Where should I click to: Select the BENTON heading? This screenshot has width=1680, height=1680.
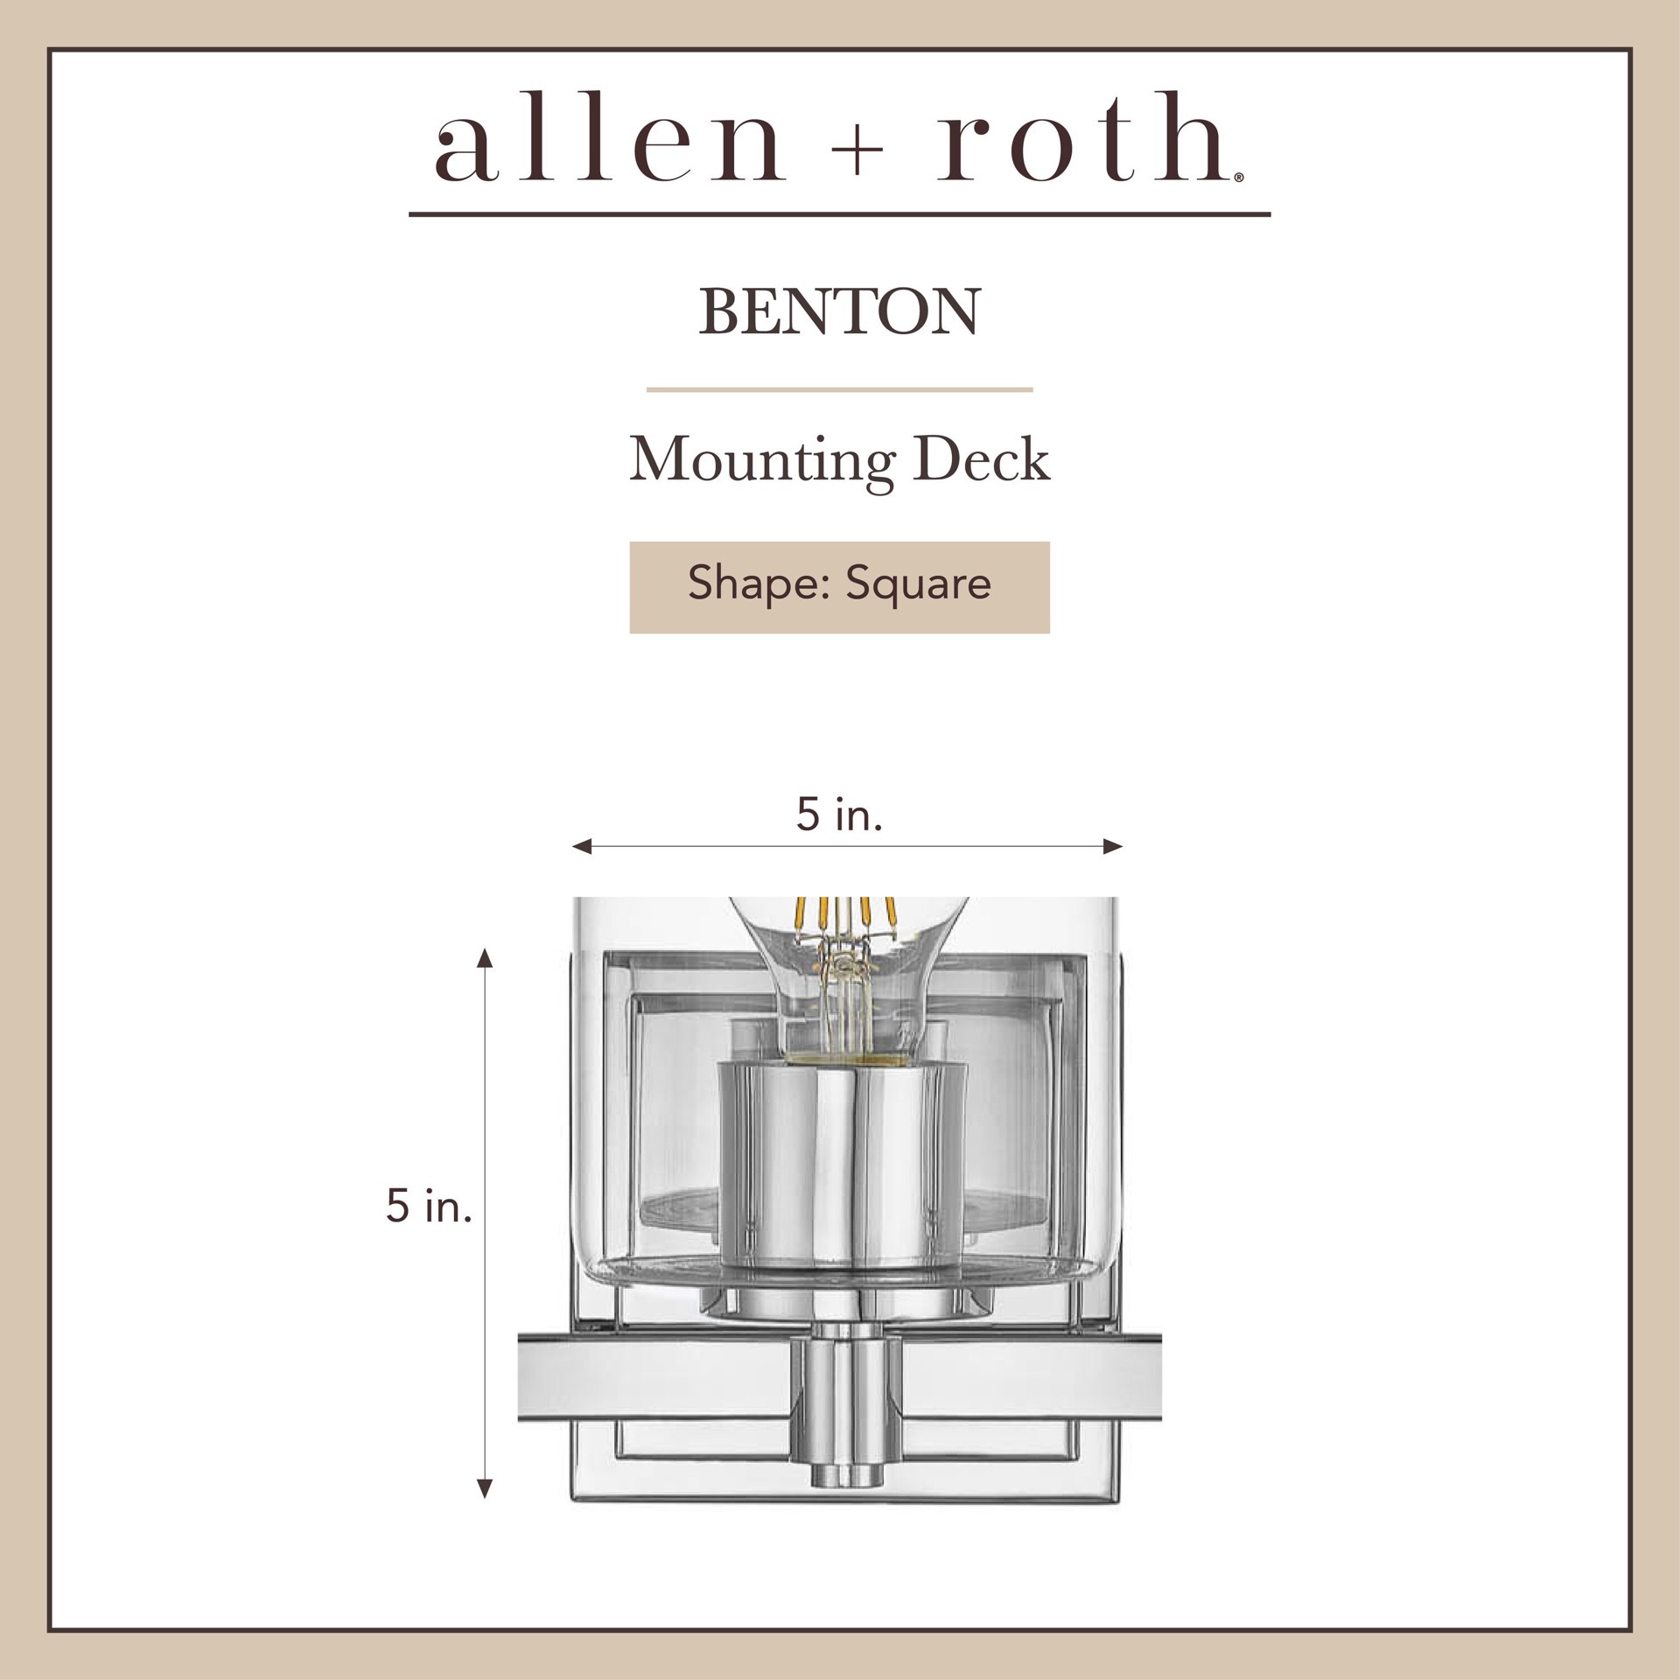click(x=839, y=312)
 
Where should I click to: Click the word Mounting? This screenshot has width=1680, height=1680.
click(x=760, y=461)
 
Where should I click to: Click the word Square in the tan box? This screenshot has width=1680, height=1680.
click(x=918, y=584)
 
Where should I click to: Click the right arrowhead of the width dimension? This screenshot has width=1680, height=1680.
click(x=1113, y=846)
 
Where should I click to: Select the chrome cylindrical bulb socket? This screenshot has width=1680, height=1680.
click(x=844, y=1164)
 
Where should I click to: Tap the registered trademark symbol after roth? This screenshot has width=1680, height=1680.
click(x=1236, y=178)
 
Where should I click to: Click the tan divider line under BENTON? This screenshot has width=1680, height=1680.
click(x=839, y=389)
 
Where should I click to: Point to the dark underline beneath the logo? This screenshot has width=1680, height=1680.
click(x=839, y=213)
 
